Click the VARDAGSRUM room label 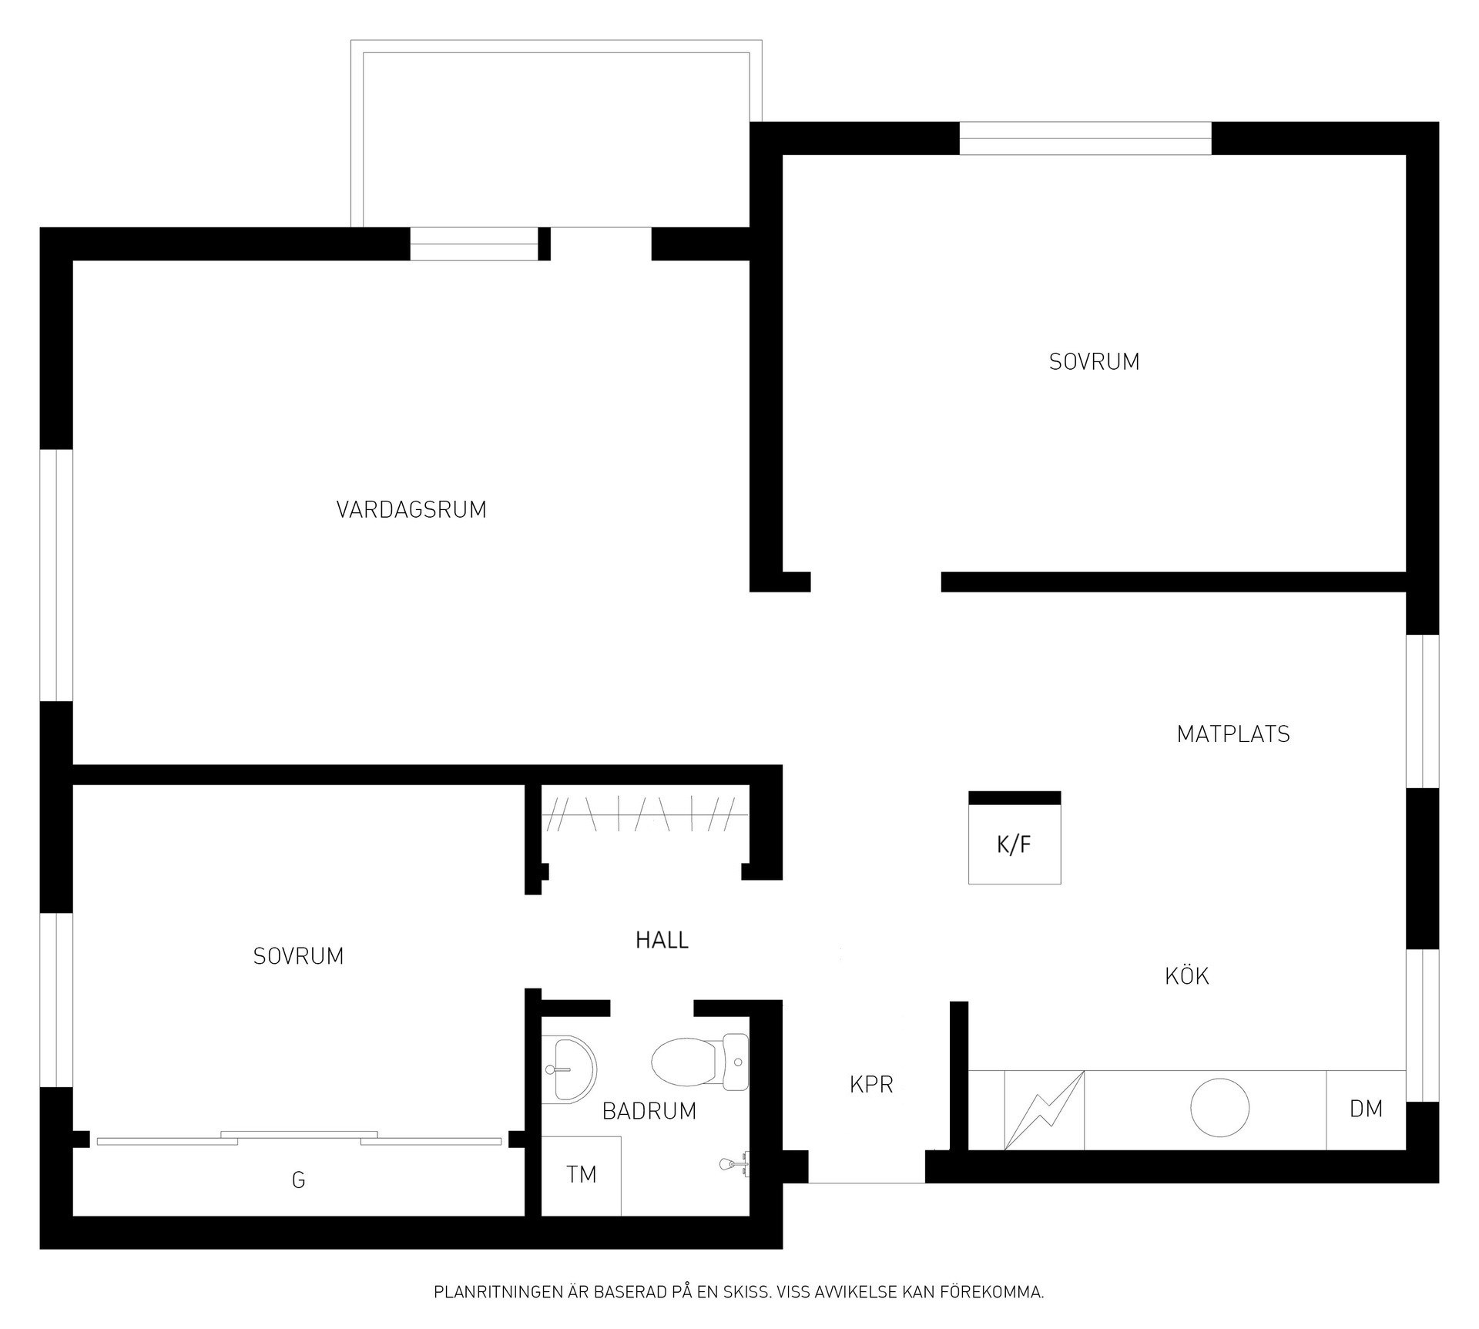point(411,510)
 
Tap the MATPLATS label point(1233,734)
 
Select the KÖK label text point(1187,976)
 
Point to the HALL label point(662,940)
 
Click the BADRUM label point(649,1111)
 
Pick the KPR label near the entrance point(871,1085)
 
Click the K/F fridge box point(1015,837)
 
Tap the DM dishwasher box point(1366,1109)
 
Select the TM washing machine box point(582,1175)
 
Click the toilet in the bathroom point(699,1062)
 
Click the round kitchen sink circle point(1220,1107)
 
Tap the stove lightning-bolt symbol point(1045,1109)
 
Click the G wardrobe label point(298,1180)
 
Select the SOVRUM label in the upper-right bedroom point(1094,362)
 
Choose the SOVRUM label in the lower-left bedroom point(298,956)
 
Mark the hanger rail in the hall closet point(645,814)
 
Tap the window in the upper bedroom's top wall point(1085,139)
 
